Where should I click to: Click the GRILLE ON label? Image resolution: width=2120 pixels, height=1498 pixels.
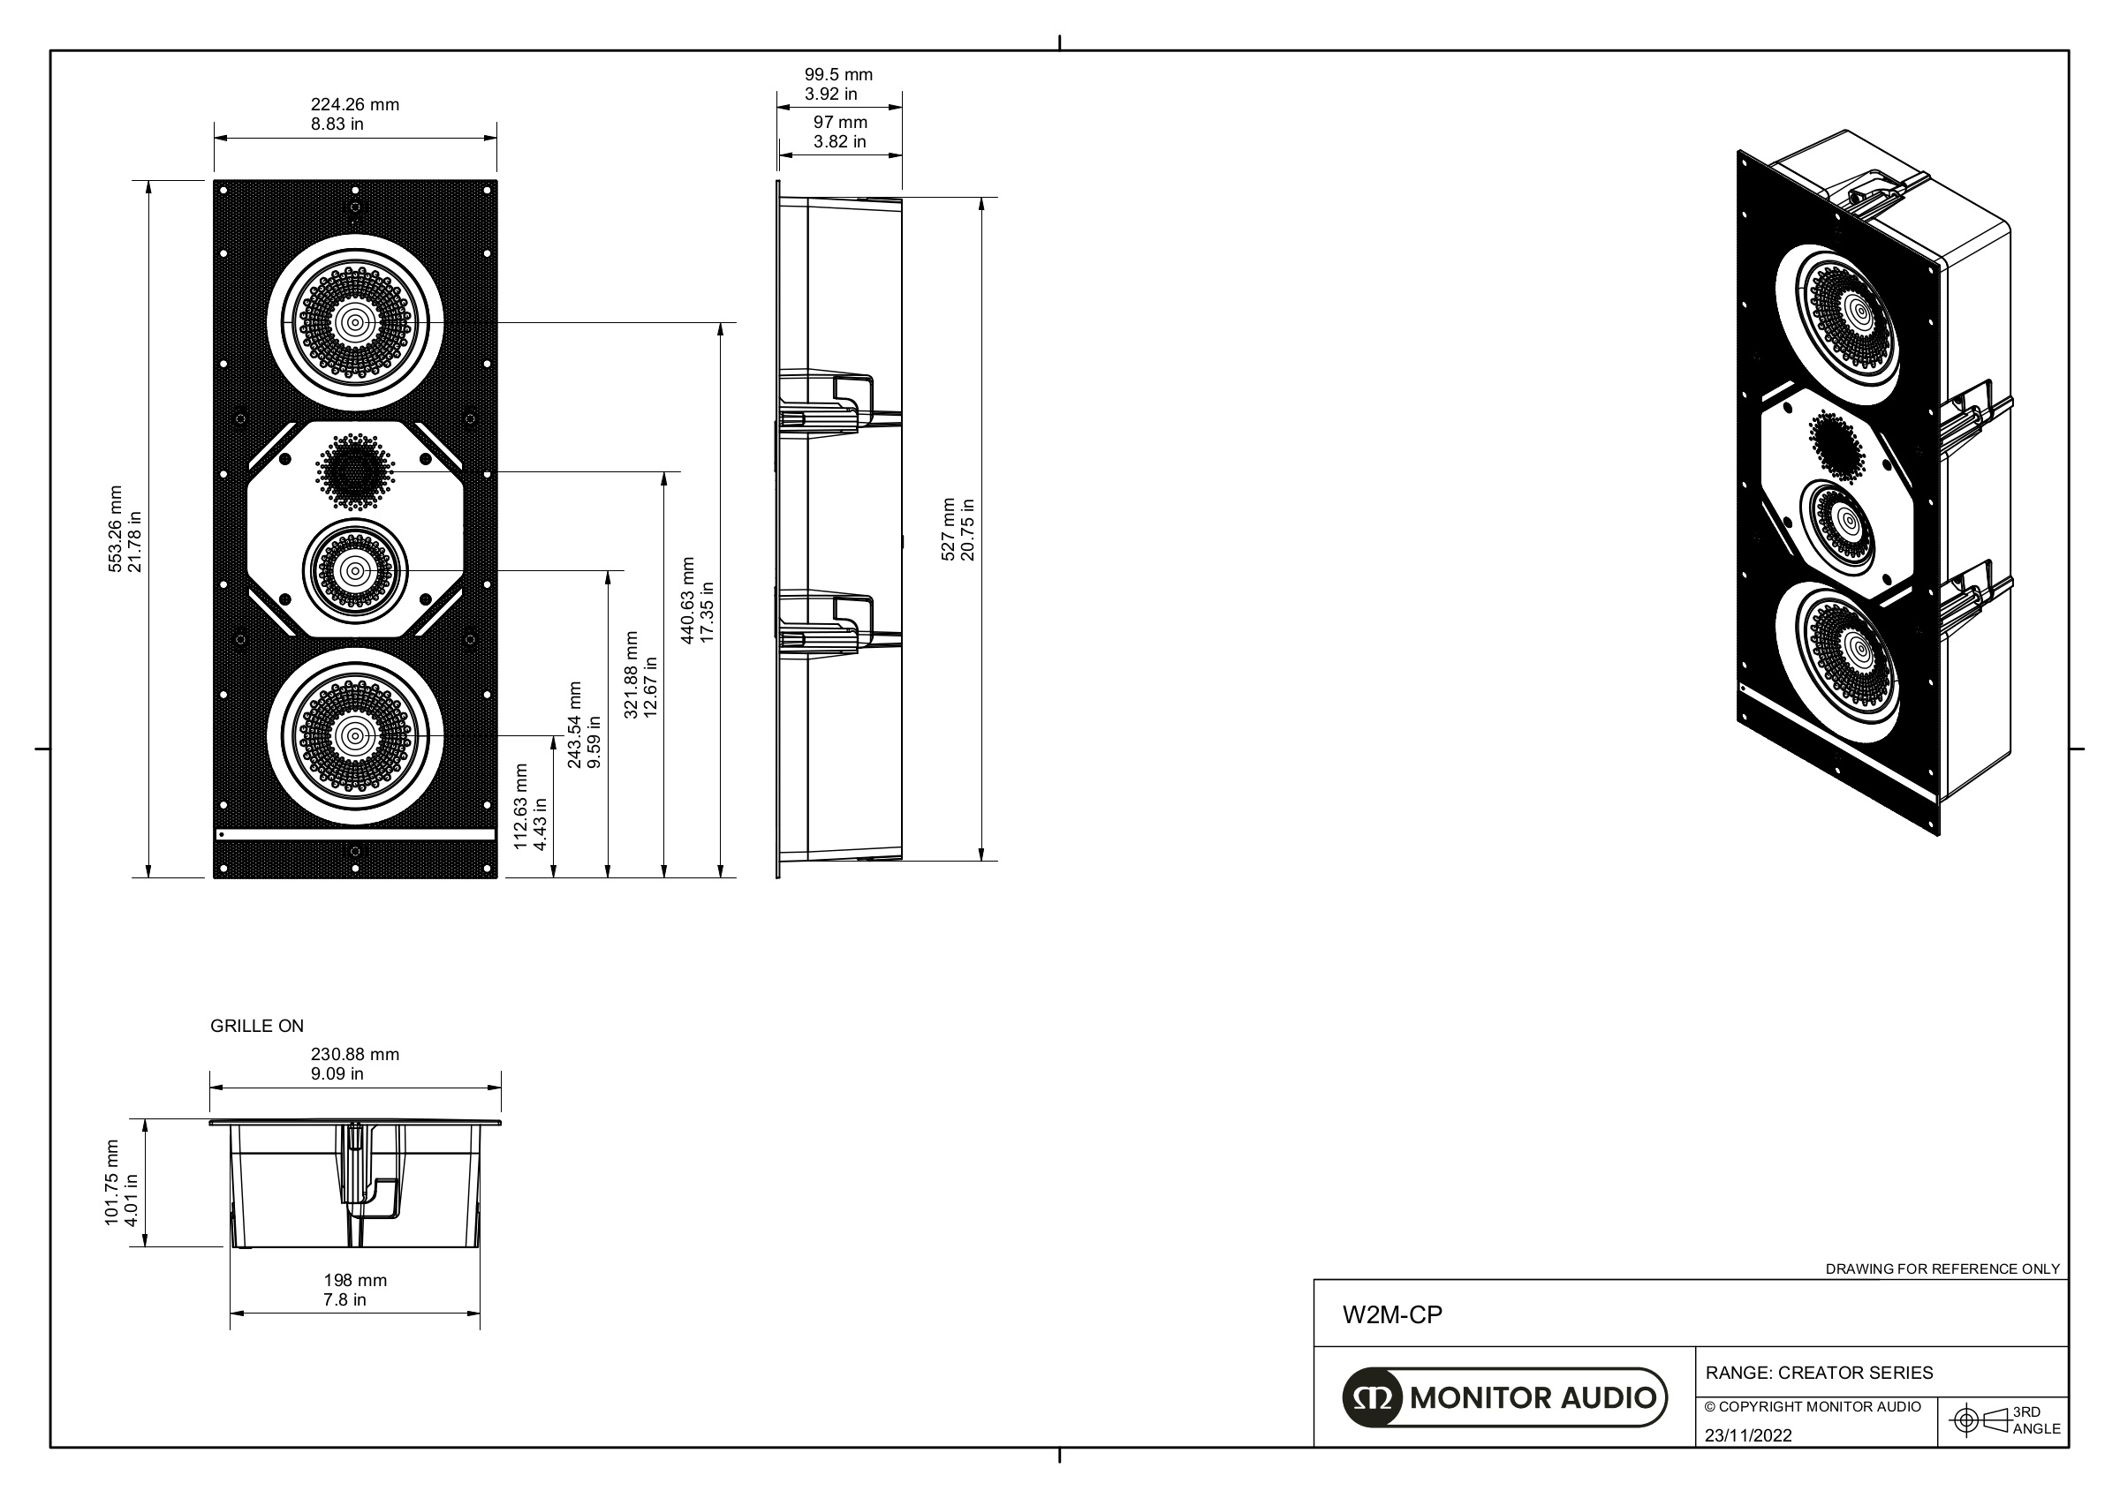click(257, 1027)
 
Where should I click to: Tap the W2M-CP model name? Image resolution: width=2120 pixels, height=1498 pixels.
click(1391, 1315)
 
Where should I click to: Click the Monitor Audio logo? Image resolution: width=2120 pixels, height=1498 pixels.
click(1504, 1397)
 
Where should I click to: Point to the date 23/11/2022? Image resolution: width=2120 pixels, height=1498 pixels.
click(1748, 1435)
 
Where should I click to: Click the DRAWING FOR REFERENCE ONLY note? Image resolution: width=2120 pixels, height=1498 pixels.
click(1942, 1269)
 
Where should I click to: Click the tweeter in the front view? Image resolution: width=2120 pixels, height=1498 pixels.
click(354, 471)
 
